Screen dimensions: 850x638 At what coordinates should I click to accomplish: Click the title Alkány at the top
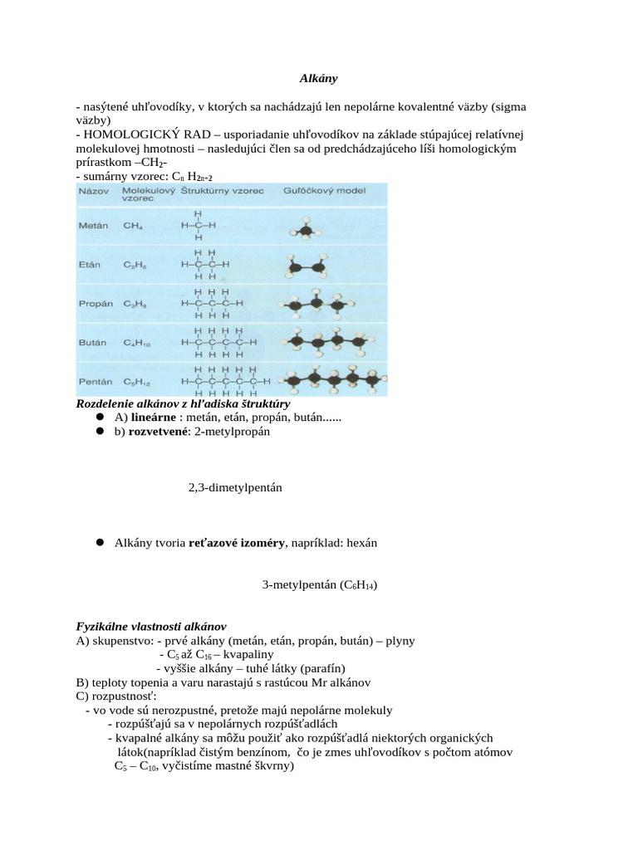coord(318,79)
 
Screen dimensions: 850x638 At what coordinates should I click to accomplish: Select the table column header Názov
coord(91,190)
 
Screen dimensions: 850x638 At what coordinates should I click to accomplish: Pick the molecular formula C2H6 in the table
coord(135,265)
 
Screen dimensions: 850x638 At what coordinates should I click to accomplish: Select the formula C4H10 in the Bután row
coord(137,342)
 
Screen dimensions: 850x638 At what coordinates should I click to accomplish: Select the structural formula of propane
coord(212,304)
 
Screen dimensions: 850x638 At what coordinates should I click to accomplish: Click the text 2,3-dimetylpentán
coord(235,488)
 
